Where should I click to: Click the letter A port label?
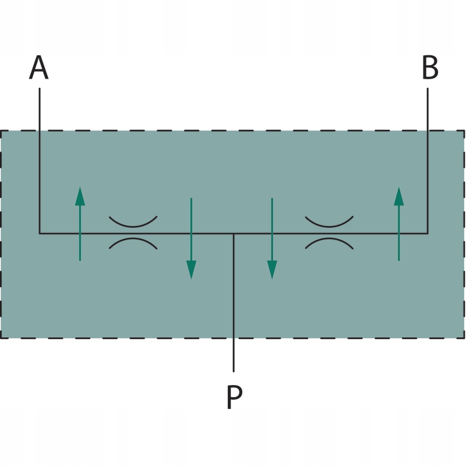(39, 68)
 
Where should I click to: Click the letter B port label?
(430, 68)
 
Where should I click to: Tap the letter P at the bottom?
(234, 397)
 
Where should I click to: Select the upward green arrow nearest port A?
(80, 224)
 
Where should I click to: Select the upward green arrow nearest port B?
(398, 224)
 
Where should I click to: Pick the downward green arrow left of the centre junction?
(191, 239)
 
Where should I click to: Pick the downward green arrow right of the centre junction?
(272, 239)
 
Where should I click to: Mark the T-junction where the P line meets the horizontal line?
(234, 234)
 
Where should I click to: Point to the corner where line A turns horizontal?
(40, 234)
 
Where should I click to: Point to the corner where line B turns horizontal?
(428, 234)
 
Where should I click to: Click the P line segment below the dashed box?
(234, 355)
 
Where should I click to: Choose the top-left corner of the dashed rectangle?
(1, 131)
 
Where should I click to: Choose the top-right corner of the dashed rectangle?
(464, 131)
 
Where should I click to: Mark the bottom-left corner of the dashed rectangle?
(1, 337)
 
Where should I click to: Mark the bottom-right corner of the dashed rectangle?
(464, 337)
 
